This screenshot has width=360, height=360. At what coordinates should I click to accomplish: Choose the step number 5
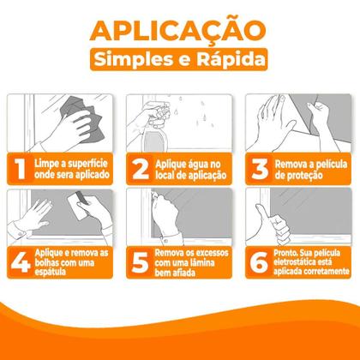coord(135,262)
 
